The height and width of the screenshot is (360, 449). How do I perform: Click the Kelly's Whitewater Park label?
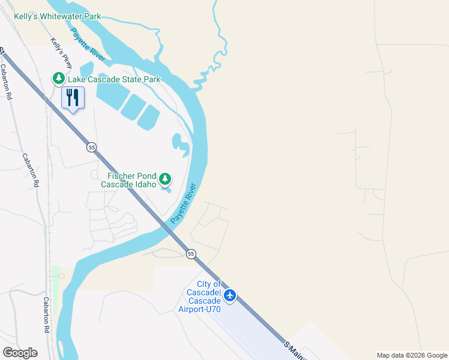57,17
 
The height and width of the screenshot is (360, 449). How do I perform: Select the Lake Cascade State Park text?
114,79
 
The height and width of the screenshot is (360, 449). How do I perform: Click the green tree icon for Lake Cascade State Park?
58,79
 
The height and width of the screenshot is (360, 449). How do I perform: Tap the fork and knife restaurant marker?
73,97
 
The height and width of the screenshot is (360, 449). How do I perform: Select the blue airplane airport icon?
230,295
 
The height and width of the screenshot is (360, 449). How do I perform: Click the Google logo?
20,352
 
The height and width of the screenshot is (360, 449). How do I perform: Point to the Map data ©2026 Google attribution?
411,355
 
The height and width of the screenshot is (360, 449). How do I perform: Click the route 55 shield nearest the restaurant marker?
91,147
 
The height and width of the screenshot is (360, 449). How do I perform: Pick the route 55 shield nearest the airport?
191,254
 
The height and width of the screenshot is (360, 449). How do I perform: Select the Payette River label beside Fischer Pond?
183,203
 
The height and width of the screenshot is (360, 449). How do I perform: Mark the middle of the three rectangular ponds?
133,107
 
